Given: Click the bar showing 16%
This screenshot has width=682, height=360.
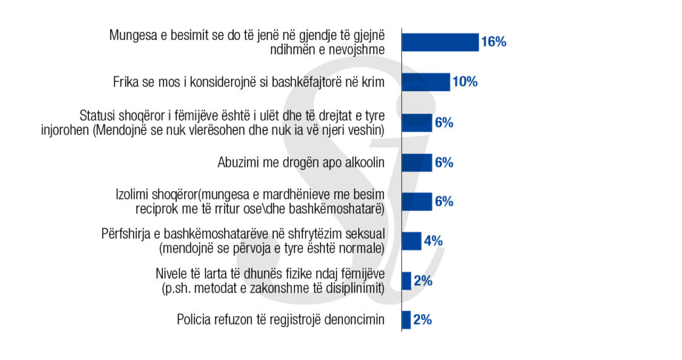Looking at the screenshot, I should coord(440,43).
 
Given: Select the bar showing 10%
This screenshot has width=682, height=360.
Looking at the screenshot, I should coord(425,82).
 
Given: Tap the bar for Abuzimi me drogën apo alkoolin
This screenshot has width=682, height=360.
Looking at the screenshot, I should coord(417,162).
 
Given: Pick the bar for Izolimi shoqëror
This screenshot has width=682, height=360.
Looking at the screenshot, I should coord(417,202).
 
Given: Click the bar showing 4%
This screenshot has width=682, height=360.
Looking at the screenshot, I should coord(411,241).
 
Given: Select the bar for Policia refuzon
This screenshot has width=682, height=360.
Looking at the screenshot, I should coord(406,320).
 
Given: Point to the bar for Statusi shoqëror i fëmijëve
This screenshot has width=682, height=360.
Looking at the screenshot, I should coord(417,122).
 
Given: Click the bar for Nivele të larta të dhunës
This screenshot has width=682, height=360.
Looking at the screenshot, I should coord(406,281).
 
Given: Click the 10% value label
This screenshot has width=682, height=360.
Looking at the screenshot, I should coord(465,82).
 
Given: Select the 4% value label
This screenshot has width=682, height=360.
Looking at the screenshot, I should coord(433,241).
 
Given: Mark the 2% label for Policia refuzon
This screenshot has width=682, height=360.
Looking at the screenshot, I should coord(422,320).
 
